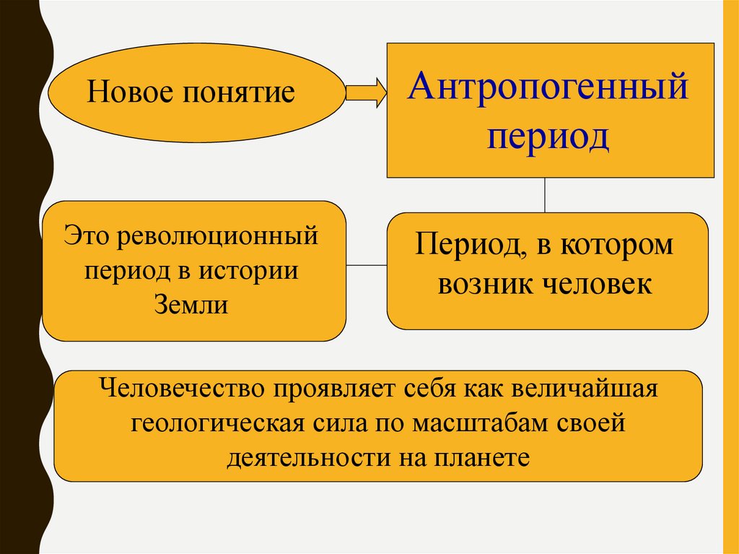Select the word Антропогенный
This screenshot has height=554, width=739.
(x=548, y=89)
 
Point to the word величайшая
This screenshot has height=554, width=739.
(x=584, y=390)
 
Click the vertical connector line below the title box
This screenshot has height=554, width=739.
(x=545, y=195)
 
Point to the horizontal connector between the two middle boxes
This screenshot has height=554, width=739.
(x=367, y=265)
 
